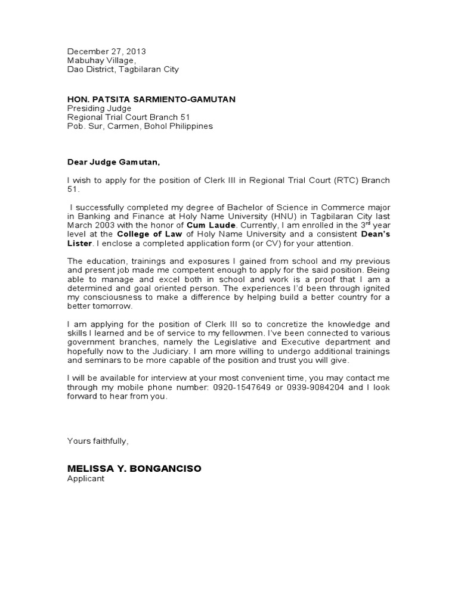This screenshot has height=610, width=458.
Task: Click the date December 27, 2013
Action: point(106,51)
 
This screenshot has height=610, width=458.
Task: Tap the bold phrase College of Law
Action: point(146,235)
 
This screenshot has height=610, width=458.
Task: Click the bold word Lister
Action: point(79,244)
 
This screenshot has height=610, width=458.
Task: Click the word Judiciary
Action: point(172,351)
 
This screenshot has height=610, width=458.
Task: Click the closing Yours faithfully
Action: point(97,441)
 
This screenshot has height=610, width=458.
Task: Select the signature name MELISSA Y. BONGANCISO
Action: point(134,469)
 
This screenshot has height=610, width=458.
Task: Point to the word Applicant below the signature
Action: point(85,478)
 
